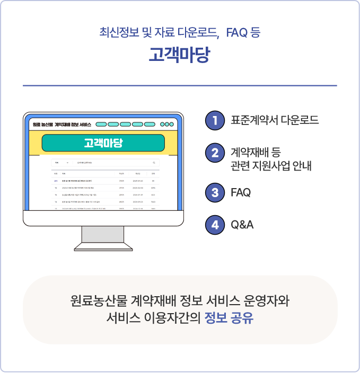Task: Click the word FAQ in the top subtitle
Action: [x=237, y=32]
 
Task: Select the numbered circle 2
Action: [x=215, y=154]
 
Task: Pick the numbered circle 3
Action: [x=215, y=192]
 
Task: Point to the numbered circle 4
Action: [x=215, y=225]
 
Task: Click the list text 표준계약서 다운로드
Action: [x=275, y=120]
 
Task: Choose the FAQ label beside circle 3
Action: [x=241, y=192]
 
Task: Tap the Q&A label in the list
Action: [x=242, y=225]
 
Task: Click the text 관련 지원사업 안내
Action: [x=271, y=166]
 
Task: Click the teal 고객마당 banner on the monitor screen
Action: [x=103, y=143]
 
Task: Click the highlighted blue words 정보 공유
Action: [x=229, y=319]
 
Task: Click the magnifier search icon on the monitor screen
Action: [x=154, y=163]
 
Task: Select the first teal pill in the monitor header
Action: [x=101, y=125]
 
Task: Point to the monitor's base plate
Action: [x=103, y=247]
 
